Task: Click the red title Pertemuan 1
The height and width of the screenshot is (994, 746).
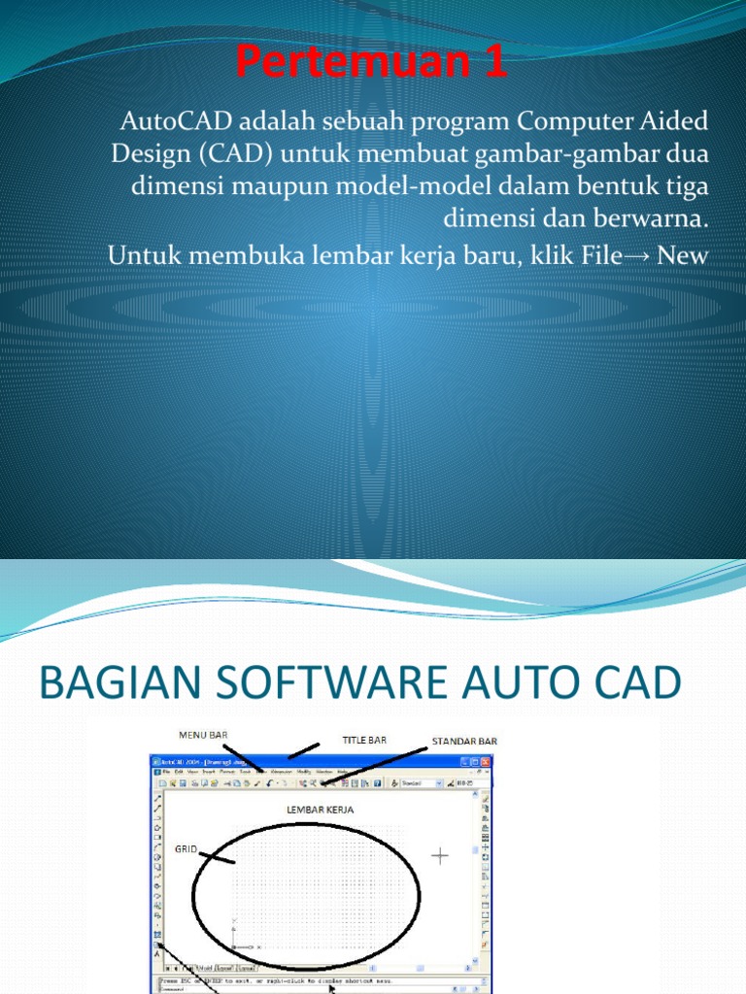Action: [373, 63]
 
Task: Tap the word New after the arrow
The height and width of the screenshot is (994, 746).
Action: [684, 255]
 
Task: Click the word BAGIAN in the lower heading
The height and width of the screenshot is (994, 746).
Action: [108, 684]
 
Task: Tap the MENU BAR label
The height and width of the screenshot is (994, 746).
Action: [202, 735]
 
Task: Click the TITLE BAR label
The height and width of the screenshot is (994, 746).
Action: [364, 740]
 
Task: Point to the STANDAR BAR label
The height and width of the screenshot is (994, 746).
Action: [464, 741]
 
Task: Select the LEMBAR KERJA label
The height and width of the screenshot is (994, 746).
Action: [320, 808]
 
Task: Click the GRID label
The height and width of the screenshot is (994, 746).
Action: [186, 848]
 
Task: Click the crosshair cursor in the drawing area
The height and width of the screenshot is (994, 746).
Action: [441, 855]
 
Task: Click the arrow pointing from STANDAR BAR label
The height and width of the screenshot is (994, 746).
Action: [374, 764]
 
